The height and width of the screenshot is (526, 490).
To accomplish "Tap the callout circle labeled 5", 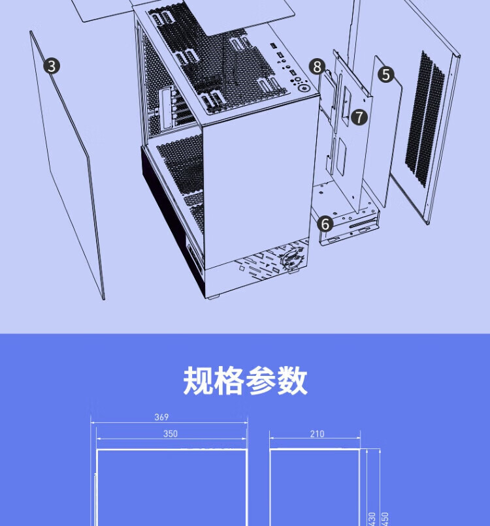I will pyautogui.click(x=385, y=74).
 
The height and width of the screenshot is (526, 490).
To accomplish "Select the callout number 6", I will pyautogui.click(x=325, y=223).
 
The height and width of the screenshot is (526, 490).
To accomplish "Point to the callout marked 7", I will pyautogui.click(x=359, y=117).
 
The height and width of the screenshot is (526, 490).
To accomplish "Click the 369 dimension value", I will pyautogui.click(x=161, y=417).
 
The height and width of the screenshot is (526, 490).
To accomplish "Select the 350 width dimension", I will pyautogui.click(x=170, y=433).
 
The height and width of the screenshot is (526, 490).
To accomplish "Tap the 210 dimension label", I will pyautogui.click(x=316, y=434).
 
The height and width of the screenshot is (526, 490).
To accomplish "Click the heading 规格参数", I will pyautogui.click(x=245, y=381).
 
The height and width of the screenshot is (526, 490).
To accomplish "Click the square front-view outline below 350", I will pyautogui.click(x=172, y=486).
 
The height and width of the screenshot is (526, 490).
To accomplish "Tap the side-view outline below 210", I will pyautogui.click(x=315, y=486).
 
